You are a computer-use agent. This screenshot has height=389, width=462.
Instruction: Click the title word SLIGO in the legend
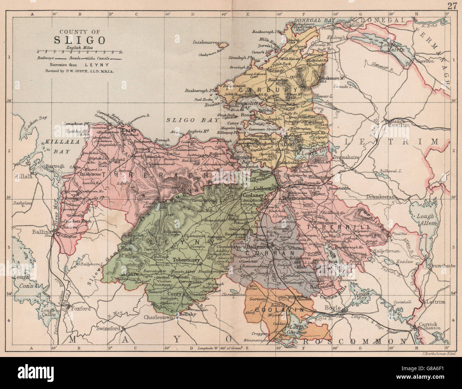point(79,39)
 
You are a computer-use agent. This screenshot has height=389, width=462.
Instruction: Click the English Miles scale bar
point(79,52)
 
